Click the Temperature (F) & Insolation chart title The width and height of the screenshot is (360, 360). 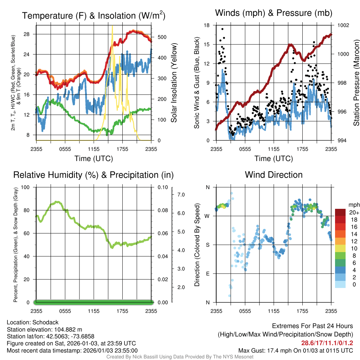(94, 15)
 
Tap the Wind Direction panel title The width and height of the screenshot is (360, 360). (274, 175)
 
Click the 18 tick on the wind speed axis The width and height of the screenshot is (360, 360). (207, 25)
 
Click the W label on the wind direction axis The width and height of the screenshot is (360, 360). (207, 216)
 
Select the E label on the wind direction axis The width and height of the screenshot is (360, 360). (207, 274)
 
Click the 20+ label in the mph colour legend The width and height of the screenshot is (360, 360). (354, 213)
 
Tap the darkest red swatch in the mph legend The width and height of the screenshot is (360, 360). (341, 212)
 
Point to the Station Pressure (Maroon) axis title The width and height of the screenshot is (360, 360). (356, 83)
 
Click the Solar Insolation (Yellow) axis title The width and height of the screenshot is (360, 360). (174, 83)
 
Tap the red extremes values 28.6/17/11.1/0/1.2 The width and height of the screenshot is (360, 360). (327, 343)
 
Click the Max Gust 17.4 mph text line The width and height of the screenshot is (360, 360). (296, 350)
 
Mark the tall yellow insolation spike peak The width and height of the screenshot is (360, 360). (112, 26)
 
